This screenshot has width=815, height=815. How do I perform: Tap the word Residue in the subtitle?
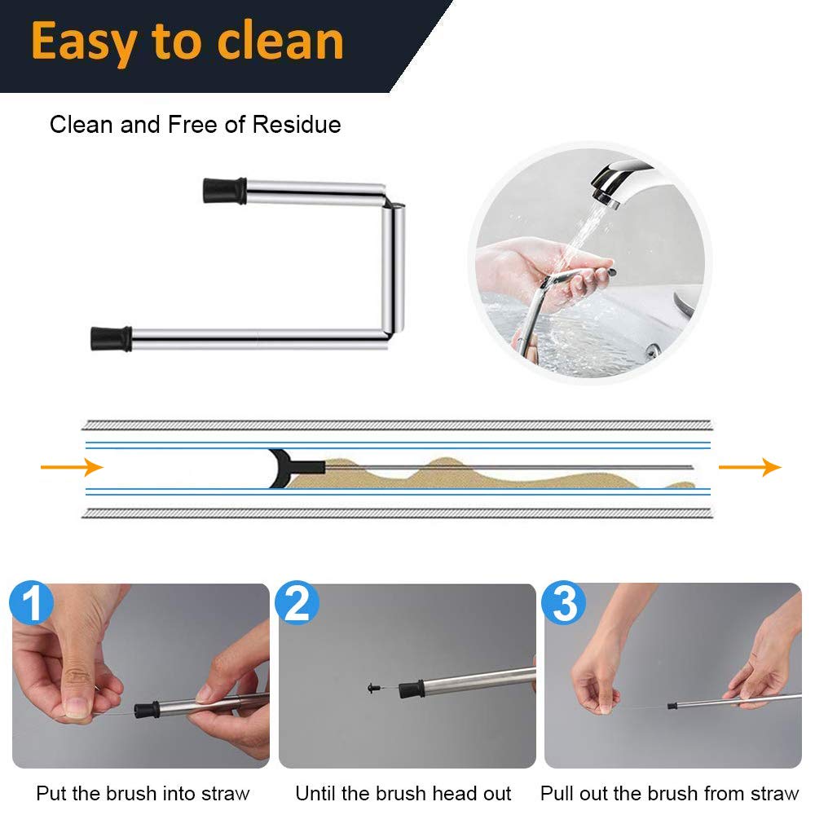(x=297, y=125)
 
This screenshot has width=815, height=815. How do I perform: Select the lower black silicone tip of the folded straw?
(x=111, y=337)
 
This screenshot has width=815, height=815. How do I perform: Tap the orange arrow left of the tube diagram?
(x=72, y=467)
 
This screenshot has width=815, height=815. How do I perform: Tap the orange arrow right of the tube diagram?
(x=749, y=467)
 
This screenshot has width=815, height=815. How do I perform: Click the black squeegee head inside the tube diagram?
(x=281, y=467)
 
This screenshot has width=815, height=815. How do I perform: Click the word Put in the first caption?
(x=49, y=793)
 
